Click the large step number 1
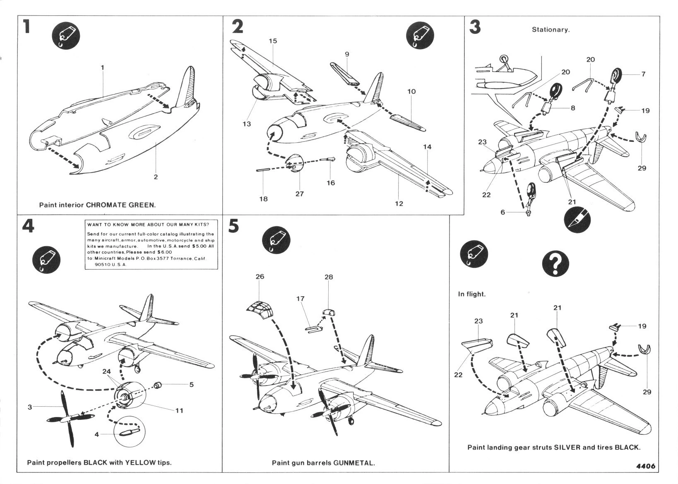26,27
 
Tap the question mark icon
555,264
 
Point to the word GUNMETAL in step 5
356,463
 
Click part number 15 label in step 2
272,41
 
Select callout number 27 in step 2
299,194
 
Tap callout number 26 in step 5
260,277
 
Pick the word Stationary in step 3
550,30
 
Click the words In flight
471,294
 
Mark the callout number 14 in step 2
427,147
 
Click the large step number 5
234,226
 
